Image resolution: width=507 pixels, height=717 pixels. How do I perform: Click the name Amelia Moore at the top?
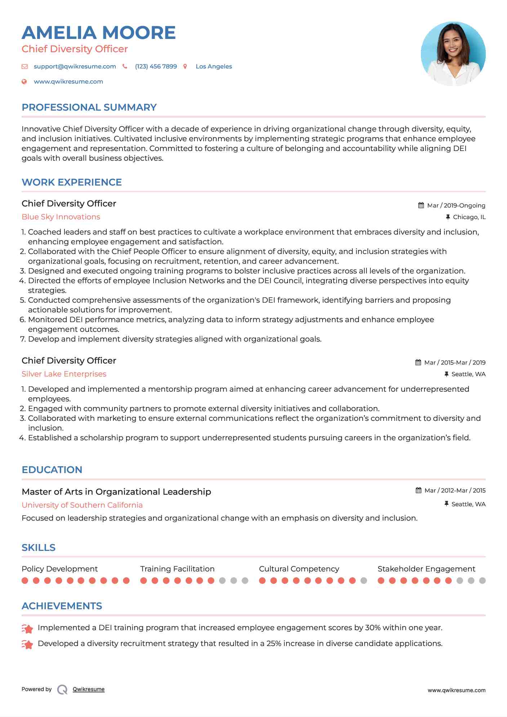[98, 33]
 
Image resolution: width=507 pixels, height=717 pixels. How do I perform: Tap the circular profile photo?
[453, 54]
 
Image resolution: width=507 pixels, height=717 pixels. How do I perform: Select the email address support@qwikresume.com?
[75, 67]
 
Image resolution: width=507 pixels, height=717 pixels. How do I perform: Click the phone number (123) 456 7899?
[156, 67]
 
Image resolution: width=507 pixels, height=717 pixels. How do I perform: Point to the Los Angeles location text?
[214, 67]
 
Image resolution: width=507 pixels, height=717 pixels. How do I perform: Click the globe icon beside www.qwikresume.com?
[24, 82]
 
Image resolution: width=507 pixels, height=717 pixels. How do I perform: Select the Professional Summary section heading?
[89, 107]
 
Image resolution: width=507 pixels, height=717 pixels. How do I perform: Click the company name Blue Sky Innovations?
[61, 217]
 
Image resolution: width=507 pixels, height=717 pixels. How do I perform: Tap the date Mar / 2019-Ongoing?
[456, 206]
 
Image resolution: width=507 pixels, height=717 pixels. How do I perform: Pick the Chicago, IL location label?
[469, 217]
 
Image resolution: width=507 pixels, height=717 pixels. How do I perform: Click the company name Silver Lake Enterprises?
[64, 374]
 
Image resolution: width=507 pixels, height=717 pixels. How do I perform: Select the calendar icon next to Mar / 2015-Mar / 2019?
[418, 362]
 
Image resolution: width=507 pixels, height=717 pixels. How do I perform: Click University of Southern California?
[82, 505]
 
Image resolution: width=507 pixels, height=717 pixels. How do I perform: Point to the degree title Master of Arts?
[116, 492]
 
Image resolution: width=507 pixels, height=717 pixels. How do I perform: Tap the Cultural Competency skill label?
[299, 569]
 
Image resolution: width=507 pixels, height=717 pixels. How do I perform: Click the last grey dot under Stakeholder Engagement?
[482, 581]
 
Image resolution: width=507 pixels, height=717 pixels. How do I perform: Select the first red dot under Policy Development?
[25, 581]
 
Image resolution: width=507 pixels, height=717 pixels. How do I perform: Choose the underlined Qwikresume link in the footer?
[89, 689]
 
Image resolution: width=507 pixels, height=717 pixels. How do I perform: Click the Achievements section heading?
[62, 606]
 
